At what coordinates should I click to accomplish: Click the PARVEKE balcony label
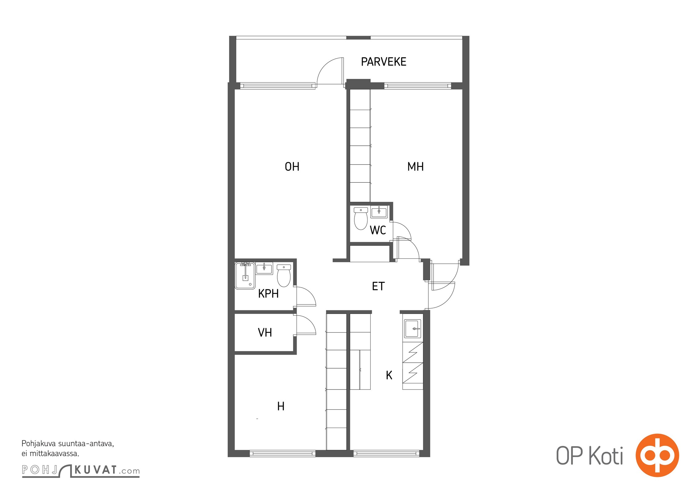pyautogui.click(x=383, y=62)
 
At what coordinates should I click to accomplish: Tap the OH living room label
pyautogui.click(x=292, y=167)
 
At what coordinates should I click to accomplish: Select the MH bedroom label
pyautogui.click(x=415, y=167)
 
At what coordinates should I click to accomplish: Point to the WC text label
pyautogui.click(x=378, y=230)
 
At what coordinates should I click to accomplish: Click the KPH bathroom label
pyautogui.click(x=268, y=294)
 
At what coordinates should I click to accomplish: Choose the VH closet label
pyautogui.click(x=265, y=332)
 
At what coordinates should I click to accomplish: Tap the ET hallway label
pyautogui.click(x=378, y=286)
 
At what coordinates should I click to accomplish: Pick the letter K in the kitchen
pyautogui.click(x=389, y=375)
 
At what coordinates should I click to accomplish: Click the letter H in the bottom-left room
pyautogui.click(x=281, y=406)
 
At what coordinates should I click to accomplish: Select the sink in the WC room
pyautogui.click(x=379, y=212)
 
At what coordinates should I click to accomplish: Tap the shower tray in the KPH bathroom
pyautogui.click(x=245, y=275)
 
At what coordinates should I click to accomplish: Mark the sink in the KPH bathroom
pyautogui.click(x=264, y=268)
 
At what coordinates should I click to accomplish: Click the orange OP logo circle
pyautogui.click(x=657, y=455)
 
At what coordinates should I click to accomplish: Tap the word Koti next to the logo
pyautogui.click(x=606, y=455)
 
